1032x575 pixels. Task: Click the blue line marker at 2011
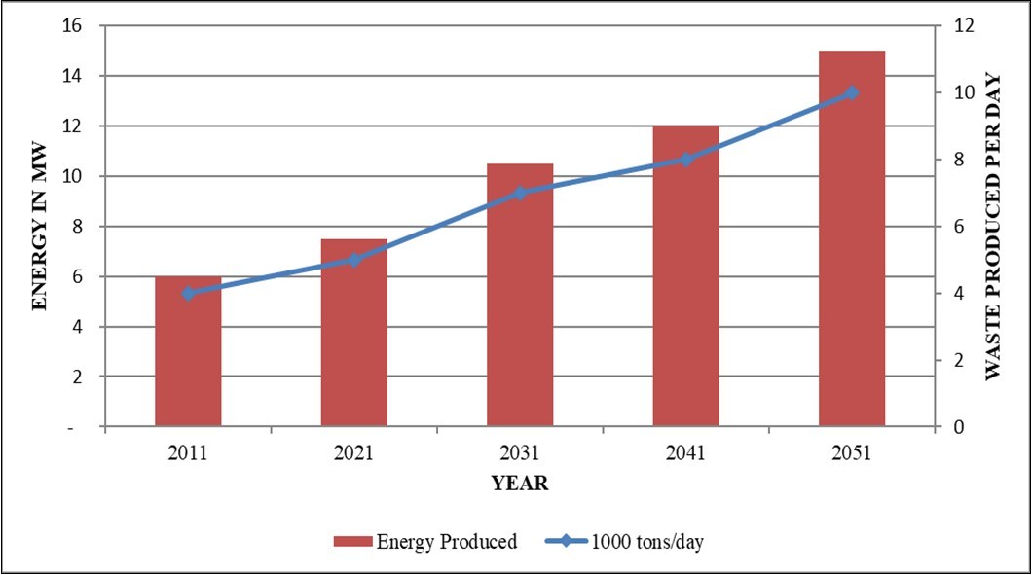pos(188,293)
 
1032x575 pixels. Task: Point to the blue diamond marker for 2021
pos(354,260)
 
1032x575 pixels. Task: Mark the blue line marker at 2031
pos(520,193)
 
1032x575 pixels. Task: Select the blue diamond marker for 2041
pos(685,160)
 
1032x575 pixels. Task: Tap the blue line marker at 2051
pos(852,92)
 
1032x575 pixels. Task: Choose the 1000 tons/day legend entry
pos(624,542)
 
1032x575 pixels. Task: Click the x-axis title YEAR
pos(519,484)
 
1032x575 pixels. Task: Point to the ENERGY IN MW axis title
pos(40,226)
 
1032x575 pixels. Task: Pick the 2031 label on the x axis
pos(520,453)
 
